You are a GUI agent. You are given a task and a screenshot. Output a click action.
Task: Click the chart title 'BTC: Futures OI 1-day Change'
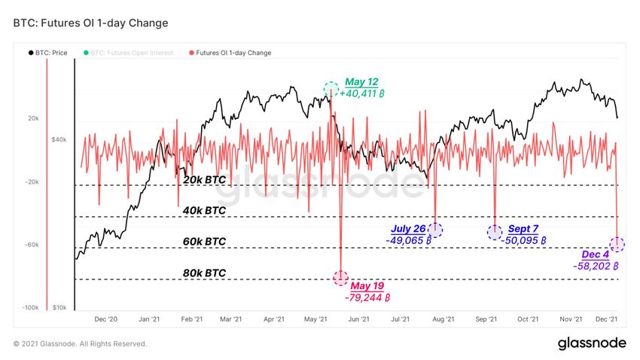tap(90, 23)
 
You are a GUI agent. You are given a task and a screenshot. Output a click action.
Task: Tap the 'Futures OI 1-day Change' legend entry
tap(233, 53)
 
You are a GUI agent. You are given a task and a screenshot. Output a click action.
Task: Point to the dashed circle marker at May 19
tap(341, 278)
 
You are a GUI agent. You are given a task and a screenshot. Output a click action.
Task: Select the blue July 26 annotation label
tap(408, 229)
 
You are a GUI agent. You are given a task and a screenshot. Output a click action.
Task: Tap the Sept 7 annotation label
tap(523, 229)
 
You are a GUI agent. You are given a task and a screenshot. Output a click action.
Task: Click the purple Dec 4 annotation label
tap(595, 255)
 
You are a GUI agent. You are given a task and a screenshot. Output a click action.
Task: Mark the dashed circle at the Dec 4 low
tap(617, 244)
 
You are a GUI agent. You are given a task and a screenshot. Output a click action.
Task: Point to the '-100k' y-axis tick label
tap(30, 308)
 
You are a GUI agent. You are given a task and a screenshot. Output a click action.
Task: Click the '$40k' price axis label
tap(60, 139)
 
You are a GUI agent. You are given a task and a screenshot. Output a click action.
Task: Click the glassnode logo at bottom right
tap(591, 343)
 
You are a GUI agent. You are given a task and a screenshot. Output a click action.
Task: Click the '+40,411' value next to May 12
tap(363, 94)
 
